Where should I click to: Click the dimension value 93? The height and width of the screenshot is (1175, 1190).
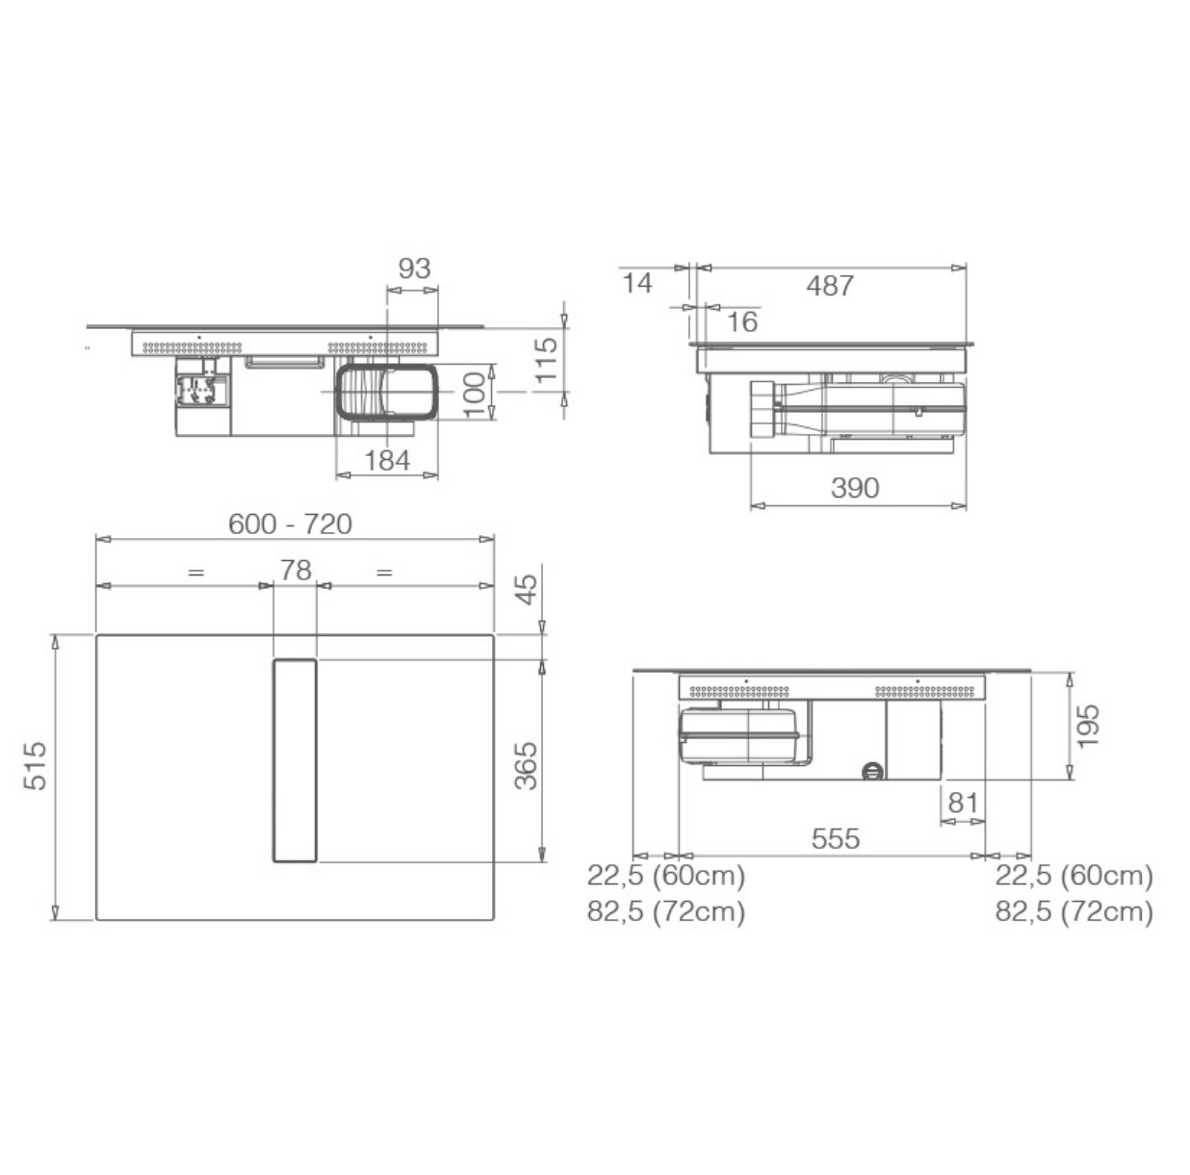[414, 268]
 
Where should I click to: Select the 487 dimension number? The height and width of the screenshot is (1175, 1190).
[830, 286]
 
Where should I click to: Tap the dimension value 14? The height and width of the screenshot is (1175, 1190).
[636, 284]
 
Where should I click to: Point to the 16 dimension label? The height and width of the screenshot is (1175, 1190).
[741, 321]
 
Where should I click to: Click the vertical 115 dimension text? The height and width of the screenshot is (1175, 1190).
[546, 360]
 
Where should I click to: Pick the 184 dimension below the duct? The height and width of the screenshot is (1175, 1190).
[387, 461]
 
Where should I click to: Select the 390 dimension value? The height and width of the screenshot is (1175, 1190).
[855, 488]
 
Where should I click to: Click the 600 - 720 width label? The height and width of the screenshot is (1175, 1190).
[290, 524]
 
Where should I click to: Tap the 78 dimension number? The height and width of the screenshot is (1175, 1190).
[296, 571]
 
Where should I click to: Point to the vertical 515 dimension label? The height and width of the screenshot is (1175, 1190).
[36, 766]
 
